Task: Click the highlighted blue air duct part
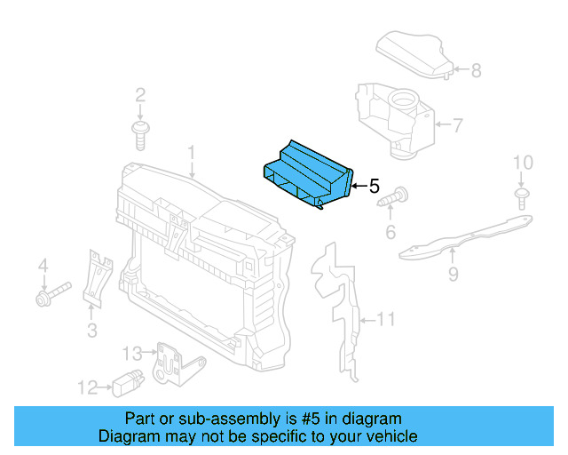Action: (x=306, y=173)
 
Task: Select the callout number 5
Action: (x=374, y=187)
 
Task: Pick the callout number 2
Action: (x=140, y=95)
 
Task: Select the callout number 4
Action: (x=41, y=265)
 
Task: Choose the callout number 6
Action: (x=390, y=233)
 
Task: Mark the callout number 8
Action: (x=476, y=70)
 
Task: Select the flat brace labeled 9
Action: (x=461, y=238)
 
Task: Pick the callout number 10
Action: (x=524, y=163)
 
